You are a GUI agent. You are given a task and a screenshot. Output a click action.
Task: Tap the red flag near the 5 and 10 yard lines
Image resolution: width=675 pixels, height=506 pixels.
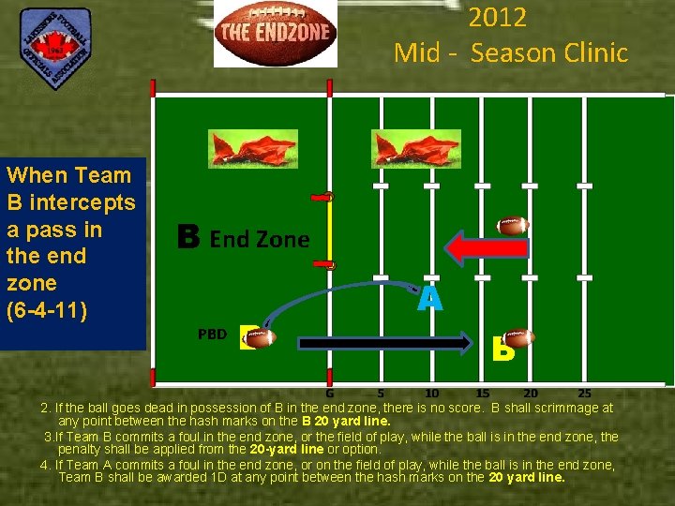(403, 148)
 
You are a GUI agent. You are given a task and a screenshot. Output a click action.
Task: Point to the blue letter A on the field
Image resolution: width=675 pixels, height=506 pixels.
(429, 299)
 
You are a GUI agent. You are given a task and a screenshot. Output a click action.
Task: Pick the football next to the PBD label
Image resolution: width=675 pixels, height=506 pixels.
(259, 337)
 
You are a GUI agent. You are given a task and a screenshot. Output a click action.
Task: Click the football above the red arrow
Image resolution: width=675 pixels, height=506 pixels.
(513, 225)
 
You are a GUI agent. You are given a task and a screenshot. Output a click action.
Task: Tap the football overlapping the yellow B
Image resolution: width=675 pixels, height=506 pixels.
(517, 337)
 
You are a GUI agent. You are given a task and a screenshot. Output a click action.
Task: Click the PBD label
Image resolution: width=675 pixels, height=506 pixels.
(212, 334)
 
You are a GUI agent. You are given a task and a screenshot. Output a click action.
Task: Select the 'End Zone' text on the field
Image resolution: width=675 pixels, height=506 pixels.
(259, 239)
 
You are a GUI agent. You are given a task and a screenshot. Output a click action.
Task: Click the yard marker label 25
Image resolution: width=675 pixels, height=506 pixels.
(584, 394)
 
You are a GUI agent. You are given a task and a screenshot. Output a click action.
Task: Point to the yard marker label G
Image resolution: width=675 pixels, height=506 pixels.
(330, 394)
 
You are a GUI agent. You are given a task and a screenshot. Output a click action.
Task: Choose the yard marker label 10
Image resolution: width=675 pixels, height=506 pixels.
(432, 394)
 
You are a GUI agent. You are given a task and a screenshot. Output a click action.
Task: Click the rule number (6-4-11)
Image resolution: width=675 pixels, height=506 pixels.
(47, 309)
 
